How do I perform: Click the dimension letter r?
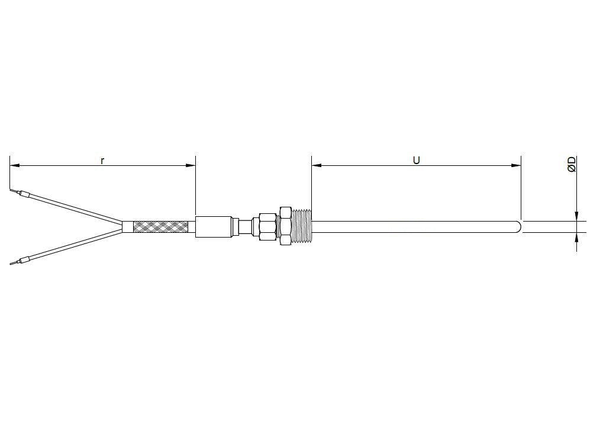pos(102,161)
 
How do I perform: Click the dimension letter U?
pos(417,160)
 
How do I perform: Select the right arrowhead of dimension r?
pos(191,165)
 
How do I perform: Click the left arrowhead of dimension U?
pos(317,165)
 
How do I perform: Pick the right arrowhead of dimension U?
pos(516,165)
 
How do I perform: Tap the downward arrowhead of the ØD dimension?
pos(577,216)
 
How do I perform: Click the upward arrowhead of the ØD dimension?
pos(577,238)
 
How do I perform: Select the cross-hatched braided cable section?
pos(161,227)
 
